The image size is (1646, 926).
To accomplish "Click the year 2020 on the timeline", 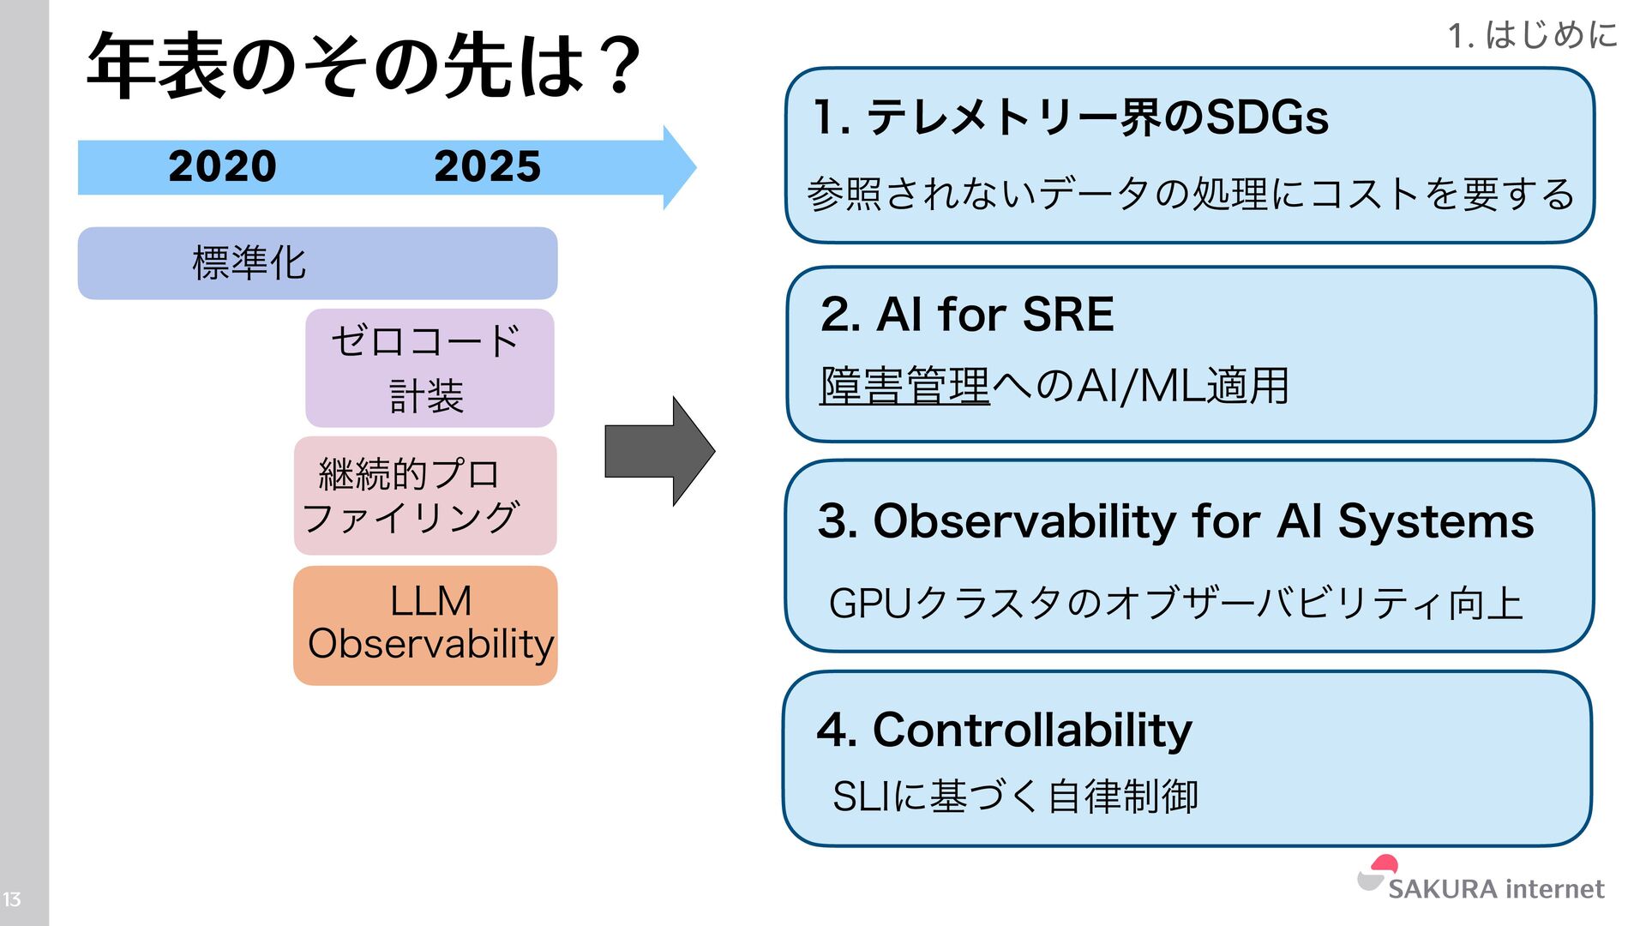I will click(222, 166).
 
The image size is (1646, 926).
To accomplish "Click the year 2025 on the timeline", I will click(487, 166).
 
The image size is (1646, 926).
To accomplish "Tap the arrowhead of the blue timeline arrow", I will click(678, 167).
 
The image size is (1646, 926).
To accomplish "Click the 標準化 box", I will click(317, 263).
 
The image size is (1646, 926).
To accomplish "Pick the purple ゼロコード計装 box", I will click(429, 368).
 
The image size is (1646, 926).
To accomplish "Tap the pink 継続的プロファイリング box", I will click(425, 496).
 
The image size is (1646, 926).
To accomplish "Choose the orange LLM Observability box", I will click(425, 625).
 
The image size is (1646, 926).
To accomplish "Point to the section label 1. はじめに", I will click(1532, 36).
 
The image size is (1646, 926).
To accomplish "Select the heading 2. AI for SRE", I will click(966, 314).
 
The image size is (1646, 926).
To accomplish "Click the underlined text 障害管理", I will click(904, 386).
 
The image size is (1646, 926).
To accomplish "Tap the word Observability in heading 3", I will click(1024, 521).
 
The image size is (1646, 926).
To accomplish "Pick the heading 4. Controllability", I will click(1004, 731).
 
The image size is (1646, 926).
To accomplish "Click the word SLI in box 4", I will click(861, 797).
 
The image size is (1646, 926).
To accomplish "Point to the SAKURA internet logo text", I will click(1496, 889).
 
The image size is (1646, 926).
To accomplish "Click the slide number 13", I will click(12, 899).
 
